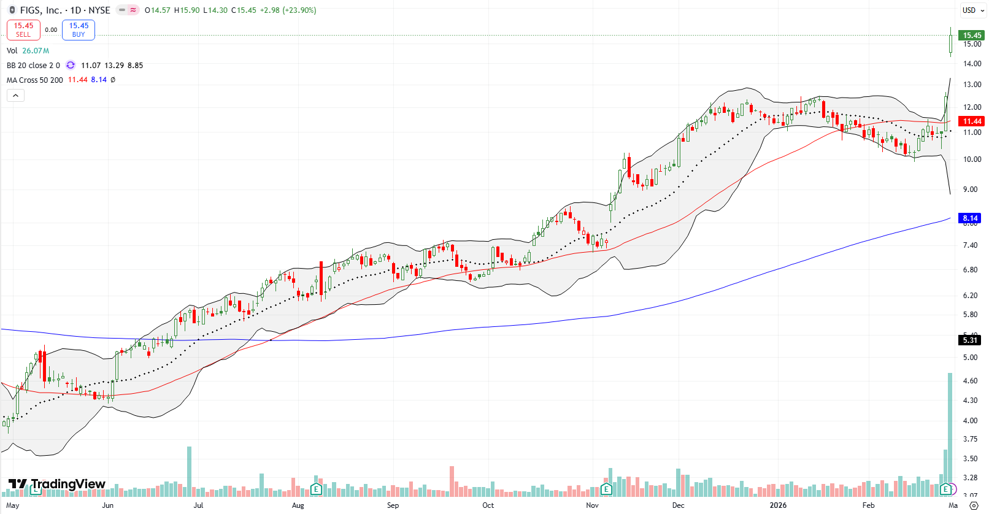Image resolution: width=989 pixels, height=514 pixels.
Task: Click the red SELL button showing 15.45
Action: click(23, 29)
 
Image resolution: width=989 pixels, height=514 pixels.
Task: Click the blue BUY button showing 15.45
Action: click(79, 29)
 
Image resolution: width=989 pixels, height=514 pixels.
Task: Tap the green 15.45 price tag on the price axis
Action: click(972, 36)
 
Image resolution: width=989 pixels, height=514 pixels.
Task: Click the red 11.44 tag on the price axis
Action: click(972, 121)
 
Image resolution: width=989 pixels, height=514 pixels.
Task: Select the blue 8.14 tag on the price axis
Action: click(970, 218)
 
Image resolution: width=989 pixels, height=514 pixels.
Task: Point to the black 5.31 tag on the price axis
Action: click(970, 340)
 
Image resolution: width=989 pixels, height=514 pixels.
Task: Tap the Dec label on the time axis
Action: click(678, 505)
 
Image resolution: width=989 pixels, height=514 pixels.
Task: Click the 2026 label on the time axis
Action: click(778, 505)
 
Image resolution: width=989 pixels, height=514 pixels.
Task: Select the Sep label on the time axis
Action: click(393, 505)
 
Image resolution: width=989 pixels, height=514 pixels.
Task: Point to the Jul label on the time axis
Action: click(198, 505)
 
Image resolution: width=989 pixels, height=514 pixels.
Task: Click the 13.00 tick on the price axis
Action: click(972, 85)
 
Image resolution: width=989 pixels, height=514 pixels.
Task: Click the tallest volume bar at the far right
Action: click(950, 429)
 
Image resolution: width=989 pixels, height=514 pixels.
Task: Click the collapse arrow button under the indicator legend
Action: click(15, 95)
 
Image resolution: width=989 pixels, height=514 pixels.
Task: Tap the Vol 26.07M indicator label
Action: click(28, 50)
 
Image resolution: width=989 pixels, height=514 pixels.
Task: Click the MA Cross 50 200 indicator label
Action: click(35, 80)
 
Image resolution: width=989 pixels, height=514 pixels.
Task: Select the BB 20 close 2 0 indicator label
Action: click(33, 65)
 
